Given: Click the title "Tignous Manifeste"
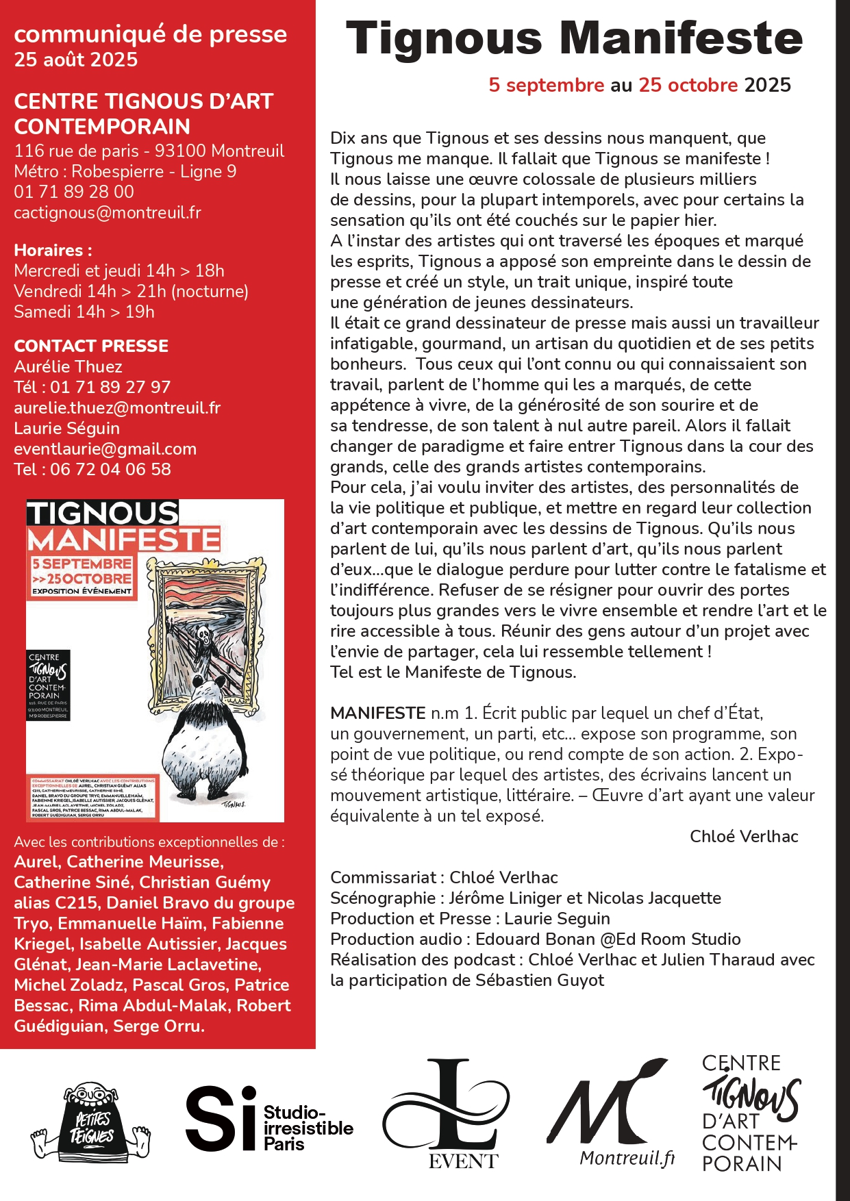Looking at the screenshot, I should tap(574, 38).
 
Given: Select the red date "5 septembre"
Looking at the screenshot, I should tap(546, 85).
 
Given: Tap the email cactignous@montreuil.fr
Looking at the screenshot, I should tap(108, 212).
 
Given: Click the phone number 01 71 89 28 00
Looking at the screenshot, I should tap(74, 192).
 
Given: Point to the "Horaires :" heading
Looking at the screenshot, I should tap(53, 250).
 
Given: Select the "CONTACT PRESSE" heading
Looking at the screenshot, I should tap(91, 346).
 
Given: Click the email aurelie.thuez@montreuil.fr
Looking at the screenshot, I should tap(117, 407).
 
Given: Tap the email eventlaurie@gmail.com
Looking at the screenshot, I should tap(105, 448).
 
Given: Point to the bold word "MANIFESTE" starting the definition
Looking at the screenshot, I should tap(377, 713).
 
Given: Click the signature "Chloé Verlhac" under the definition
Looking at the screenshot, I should tap(743, 836).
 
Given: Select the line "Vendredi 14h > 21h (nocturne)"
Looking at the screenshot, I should tap(131, 291).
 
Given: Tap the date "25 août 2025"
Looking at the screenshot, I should tap(75, 60).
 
